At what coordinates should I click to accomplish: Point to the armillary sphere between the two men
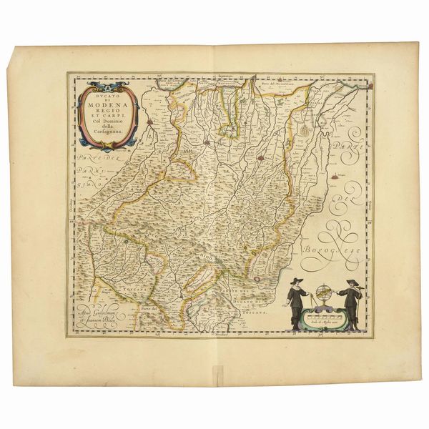(x=324, y=293)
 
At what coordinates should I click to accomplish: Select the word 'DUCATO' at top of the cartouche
(x=104, y=99)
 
